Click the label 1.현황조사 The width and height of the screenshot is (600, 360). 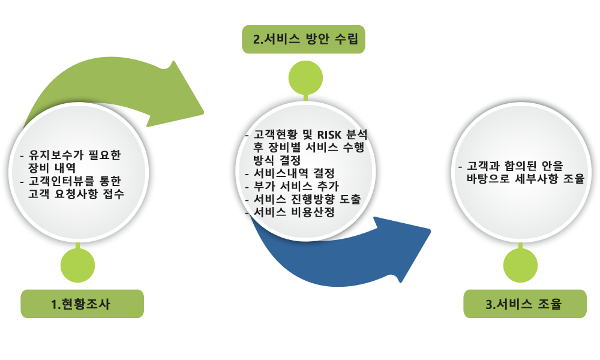click(x=82, y=304)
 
